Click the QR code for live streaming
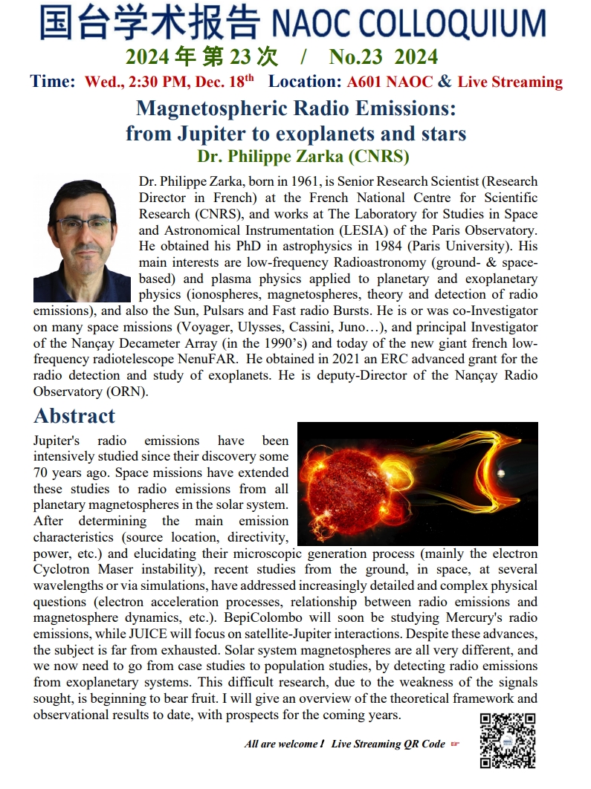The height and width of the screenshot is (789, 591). [508, 739]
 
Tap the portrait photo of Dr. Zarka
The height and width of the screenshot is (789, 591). [83, 239]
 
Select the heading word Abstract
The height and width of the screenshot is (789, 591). [74, 415]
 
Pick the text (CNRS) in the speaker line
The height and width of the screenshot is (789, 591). [378, 157]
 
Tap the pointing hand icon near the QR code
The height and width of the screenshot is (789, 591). [456, 744]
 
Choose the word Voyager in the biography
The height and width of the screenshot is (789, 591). [239, 328]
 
